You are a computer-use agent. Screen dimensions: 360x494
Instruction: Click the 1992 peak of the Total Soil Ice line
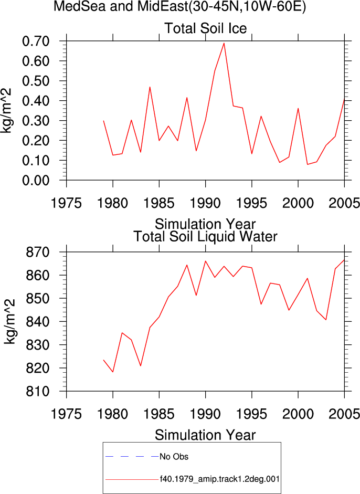pos(224,43)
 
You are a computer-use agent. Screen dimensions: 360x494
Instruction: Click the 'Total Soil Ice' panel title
pos(205,28)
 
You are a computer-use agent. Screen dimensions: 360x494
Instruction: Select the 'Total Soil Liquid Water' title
pos(205,236)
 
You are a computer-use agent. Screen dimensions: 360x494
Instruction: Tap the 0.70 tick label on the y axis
pos(36,41)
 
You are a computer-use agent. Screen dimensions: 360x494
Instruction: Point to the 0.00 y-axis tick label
pos(36,180)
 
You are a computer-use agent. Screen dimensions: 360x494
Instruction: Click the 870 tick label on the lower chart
pos(37,252)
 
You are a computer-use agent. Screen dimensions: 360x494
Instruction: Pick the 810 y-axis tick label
pos(37,391)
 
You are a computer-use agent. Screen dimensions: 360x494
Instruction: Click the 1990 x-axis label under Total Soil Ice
pos(205,203)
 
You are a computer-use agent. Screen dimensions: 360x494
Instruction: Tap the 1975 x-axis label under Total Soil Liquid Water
pos(66,414)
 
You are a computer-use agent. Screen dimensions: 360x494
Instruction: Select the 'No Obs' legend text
pos(174,457)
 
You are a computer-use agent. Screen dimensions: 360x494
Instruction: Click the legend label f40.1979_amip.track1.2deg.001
pos(219,479)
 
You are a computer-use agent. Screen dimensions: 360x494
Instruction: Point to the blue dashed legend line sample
pos(132,457)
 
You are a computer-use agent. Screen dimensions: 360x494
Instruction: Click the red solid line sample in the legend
pos(132,479)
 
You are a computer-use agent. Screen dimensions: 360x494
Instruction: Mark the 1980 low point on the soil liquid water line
pos(113,372)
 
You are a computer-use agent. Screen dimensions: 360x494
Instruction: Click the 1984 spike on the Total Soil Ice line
pos(150,87)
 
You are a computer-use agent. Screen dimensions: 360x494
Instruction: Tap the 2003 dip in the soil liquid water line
pos(326,320)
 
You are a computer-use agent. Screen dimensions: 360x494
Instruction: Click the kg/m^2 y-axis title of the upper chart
pos(6,111)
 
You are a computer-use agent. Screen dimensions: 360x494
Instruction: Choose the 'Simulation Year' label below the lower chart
pos(205,435)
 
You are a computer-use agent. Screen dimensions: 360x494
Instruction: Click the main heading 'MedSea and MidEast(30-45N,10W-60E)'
pos(179,6)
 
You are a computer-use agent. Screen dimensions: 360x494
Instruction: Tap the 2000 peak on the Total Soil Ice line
pos(298,108)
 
